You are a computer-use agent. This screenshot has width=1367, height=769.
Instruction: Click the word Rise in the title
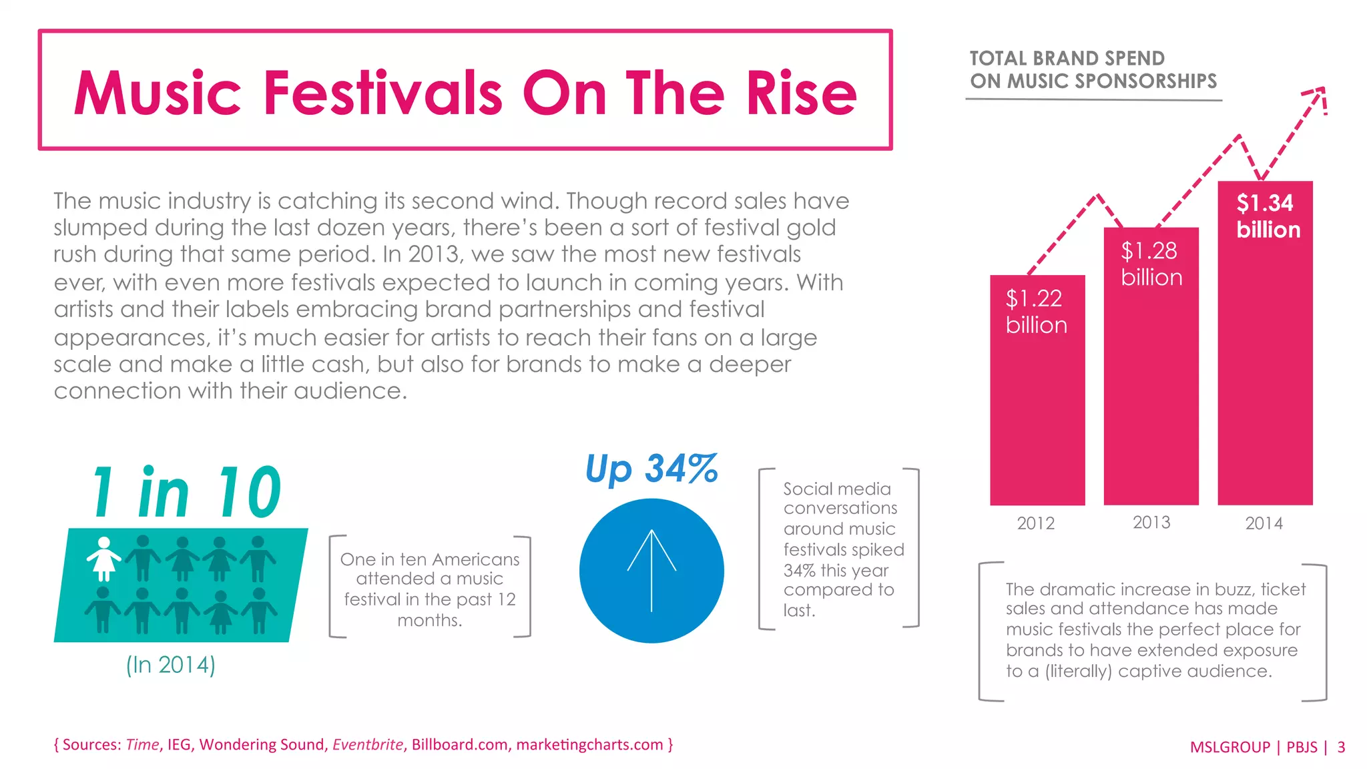tap(801, 93)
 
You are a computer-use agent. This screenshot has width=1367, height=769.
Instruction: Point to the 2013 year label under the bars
tap(1151, 523)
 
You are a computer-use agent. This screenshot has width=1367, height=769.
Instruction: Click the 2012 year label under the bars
tap(1035, 523)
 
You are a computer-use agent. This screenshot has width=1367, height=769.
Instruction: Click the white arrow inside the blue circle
tap(651, 570)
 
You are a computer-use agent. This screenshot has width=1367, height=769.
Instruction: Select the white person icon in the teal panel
tap(104, 559)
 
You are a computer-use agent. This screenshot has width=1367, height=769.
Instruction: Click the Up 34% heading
tap(651, 469)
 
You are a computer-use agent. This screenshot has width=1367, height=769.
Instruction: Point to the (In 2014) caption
tap(171, 665)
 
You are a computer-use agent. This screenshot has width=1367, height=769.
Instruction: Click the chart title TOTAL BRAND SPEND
tap(1067, 59)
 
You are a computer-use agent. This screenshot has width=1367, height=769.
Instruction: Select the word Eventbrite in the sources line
tap(368, 745)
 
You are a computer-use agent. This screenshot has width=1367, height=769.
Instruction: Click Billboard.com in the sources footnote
tap(459, 745)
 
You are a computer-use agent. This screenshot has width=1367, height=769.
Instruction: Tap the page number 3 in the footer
tap(1341, 747)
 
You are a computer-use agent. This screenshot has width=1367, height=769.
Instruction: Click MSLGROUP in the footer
tap(1229, 747)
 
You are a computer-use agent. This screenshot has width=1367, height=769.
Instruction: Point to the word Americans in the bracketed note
tap(477, 559)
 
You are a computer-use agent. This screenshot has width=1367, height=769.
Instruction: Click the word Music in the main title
tap(158, 93)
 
